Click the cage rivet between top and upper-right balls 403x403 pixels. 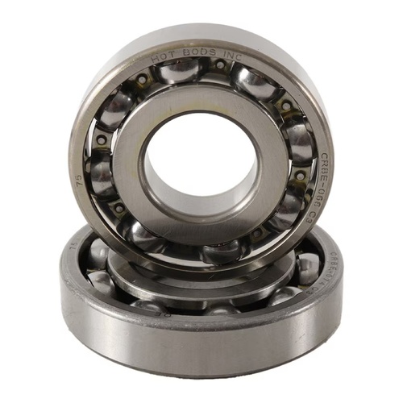point(220,64)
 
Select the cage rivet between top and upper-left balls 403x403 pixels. point(143,81)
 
